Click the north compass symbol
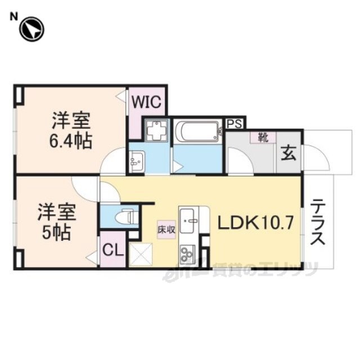click(x=31, y=29)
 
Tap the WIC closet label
click(x=147, y=102)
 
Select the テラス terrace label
click(x=318, y=221)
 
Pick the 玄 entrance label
click(x=289, y=153)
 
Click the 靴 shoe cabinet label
click(x=262, y=137)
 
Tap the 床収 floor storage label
click(x=166, y=229)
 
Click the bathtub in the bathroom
click(x=197, y=132)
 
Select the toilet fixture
click(x=127, y=215)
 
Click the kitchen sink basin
click(x=187, y=217)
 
